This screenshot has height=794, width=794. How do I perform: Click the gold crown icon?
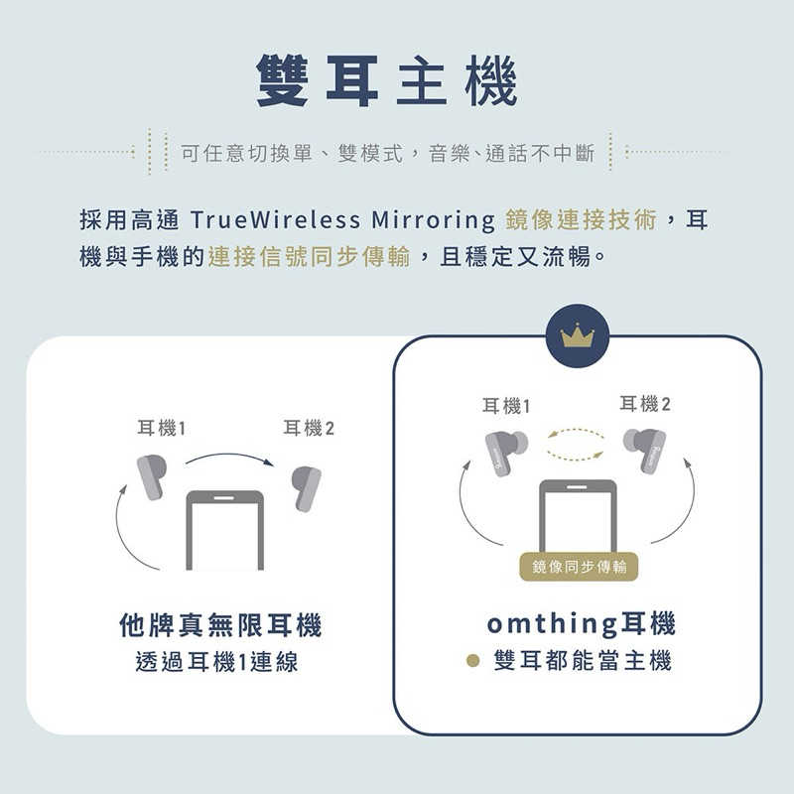pyautogui.click(x=577, y=335)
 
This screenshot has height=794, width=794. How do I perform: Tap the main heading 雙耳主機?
pyautogui.click(x=386, y=80)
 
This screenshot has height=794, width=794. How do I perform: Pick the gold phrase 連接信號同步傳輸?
pyautogui.click(x=310, y=257)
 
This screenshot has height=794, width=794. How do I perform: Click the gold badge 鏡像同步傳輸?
pyautogui.click(x=579, y=566)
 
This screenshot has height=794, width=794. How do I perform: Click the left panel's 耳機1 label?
pyautogui.click(x=162, y=428)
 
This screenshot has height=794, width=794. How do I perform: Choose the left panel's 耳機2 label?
pyautogui.click(x=309, y=428)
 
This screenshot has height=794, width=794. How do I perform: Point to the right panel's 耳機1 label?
pyautogui.click(x=506, y=405)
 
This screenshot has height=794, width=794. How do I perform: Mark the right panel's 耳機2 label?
pyautogui.click(x=645, y=403)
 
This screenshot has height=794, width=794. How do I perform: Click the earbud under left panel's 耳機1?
pyautogui.click(x=151, y=475)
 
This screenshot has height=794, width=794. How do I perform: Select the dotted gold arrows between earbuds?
pyautogui.click(x=576, y=444)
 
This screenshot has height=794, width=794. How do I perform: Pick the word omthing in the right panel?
pyautogui.click(x=553, y=624)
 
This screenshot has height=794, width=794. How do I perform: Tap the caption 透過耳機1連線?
pyautogui.click(x=216, y=662)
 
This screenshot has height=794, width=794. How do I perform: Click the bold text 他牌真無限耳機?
pyautogui.click(x=220, y=625)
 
